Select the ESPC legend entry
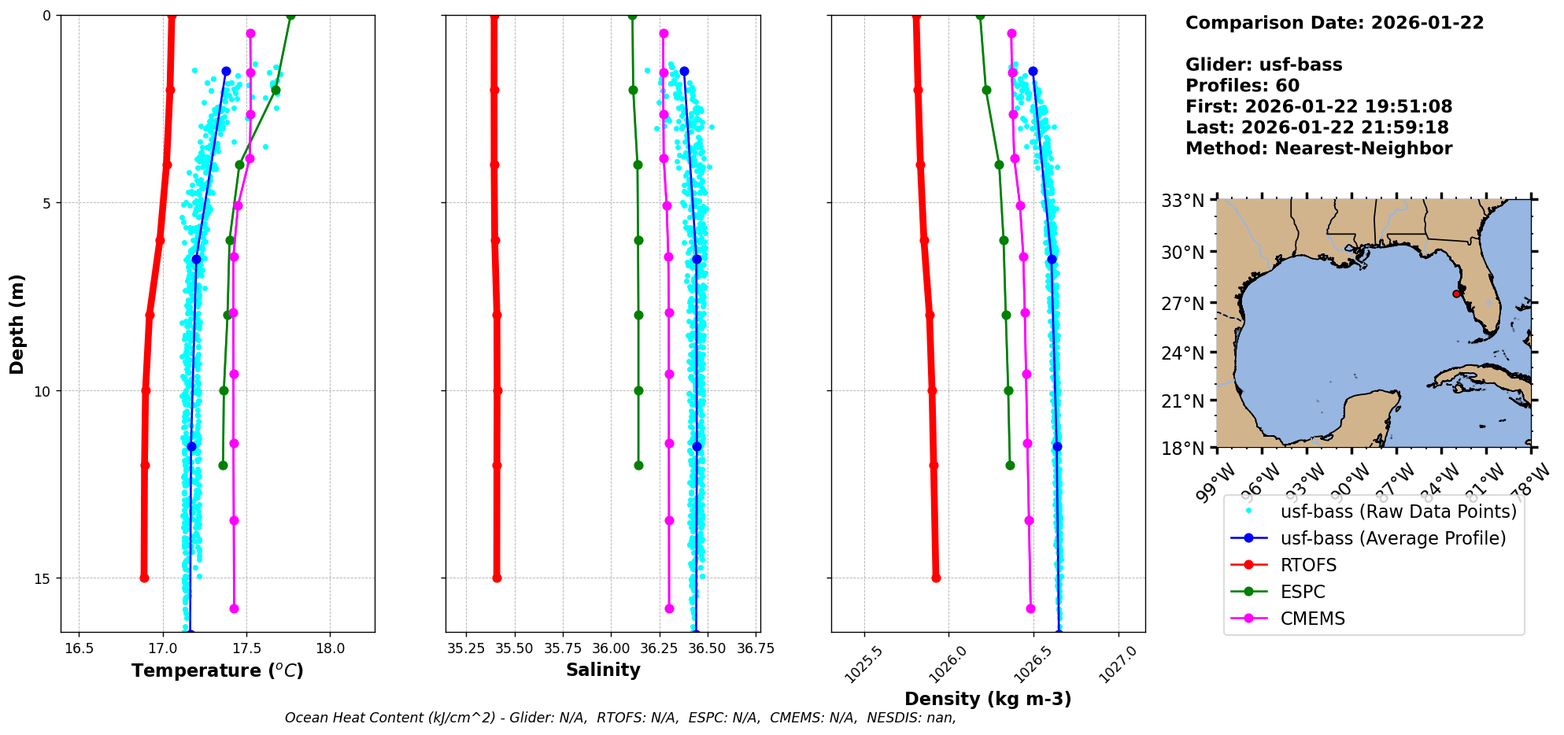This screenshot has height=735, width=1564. (x=1303, y=592)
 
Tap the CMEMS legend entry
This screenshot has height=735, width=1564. (x=1312, y=619)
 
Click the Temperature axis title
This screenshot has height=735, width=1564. (x=217, y=670)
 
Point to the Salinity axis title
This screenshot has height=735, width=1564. (x=603, y=670)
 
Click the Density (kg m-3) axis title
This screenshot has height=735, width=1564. (x=988, y=699)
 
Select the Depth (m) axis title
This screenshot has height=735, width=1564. (x=17, y=324)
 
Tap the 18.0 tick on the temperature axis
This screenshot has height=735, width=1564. (x=330, y=648)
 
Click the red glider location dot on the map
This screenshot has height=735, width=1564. (x=1456, y=294)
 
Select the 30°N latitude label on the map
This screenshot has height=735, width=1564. (x=1183, y=253)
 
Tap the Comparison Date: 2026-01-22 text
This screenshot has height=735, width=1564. (x=1334, y=23)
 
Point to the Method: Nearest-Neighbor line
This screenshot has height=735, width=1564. (x=1318, y=148)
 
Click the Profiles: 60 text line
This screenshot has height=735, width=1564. (x=1242, y=86)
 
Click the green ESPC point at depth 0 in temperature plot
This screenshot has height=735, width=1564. (x=290, y=15)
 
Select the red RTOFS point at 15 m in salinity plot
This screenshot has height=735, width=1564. (x=497, y=578)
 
